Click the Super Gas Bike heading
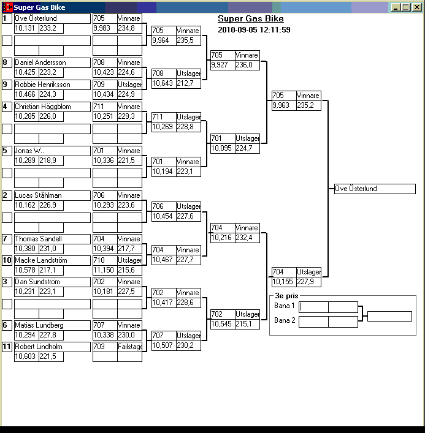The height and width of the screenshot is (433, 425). tap(251, 19)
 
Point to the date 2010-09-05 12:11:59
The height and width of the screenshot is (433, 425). tap(254, 29)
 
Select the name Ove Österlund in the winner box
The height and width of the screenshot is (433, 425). tap(356, 189)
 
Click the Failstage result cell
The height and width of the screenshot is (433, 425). tap(130, 347)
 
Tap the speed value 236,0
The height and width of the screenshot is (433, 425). tap(245, 64)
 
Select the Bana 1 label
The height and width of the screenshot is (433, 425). tap(285, 306)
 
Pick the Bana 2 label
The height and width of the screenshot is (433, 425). tap(285, 320)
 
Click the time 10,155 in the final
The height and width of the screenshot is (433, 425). tap(282, 282)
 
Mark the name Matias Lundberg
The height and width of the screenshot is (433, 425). tap(39, 325)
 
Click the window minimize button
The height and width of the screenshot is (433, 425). tap(396, 7)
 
